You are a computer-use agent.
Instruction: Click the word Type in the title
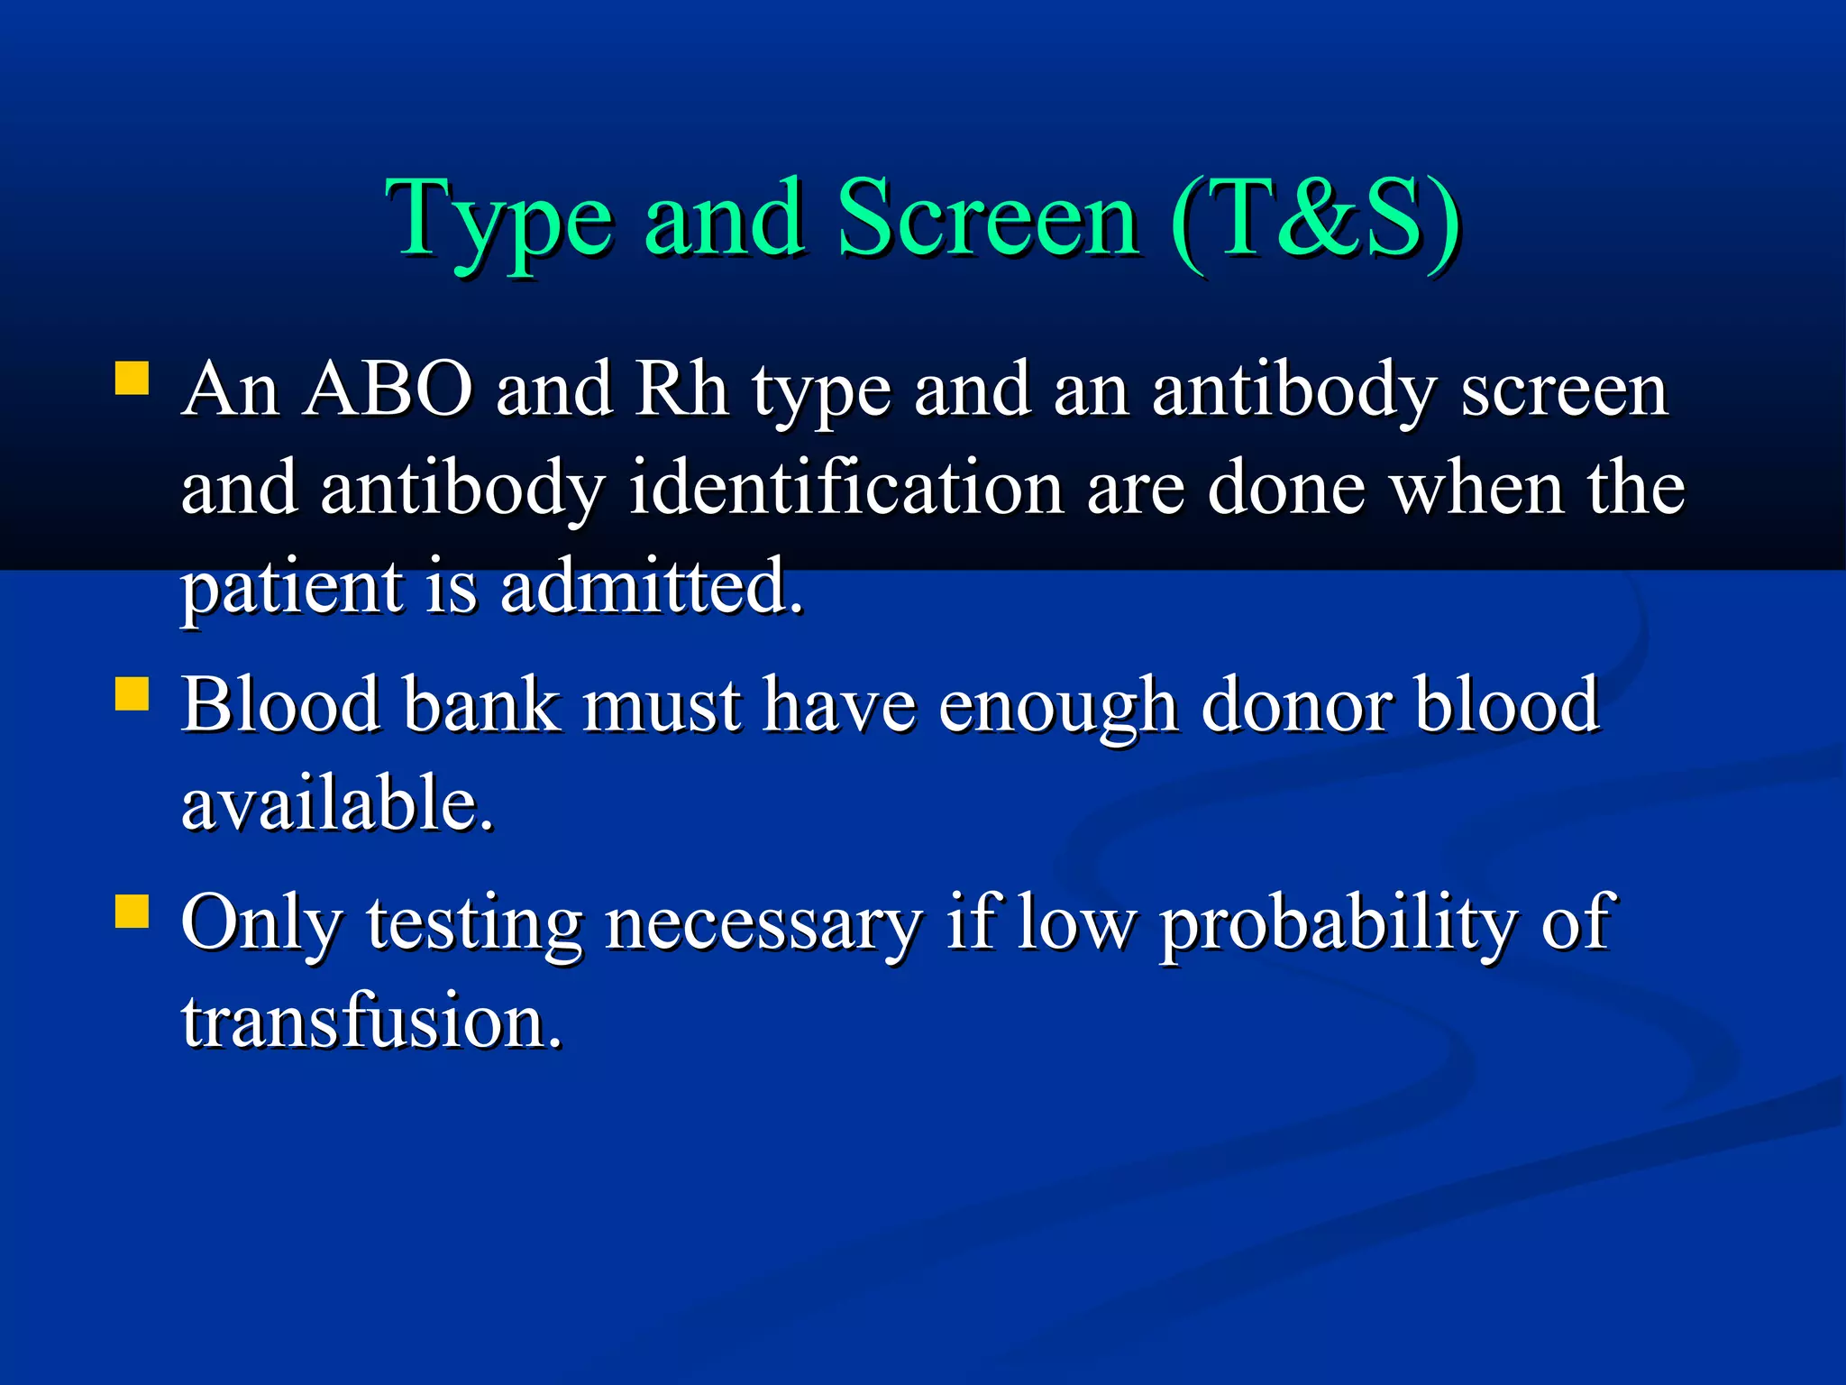coord(500,221)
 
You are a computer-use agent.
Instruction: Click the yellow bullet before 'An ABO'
coord(132,379)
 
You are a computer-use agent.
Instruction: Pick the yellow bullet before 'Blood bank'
coord(132,694)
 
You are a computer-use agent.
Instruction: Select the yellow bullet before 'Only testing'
coord(132,911)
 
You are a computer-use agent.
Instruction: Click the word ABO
coord(388,390)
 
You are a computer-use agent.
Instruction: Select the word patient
coord(293,588)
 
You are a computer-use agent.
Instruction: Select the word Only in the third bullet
coord(261,923)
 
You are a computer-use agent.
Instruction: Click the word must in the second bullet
coord(663,705)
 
